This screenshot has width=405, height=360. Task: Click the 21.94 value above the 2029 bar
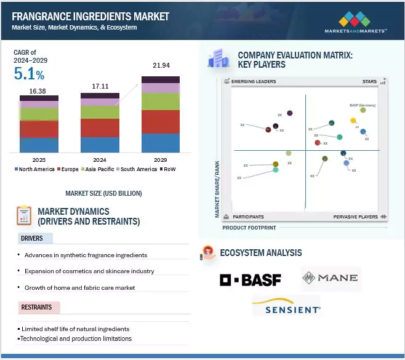[160, 65]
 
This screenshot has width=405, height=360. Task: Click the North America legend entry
[34, 169]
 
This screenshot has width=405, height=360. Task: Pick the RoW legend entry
[168, 169]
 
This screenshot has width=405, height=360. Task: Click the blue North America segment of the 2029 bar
[160, 143]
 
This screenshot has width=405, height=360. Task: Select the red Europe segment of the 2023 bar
[39, 129]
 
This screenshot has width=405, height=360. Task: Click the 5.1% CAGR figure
[29, 75]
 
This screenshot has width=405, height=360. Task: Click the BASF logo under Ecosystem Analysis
[251, 280]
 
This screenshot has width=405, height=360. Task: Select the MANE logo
[330, 278]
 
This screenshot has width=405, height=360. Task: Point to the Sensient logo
[286, 306]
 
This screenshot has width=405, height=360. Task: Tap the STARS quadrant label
[369, 82]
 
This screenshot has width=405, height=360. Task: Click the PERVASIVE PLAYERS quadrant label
[356, 217]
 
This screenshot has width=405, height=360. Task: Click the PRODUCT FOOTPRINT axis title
[249, 228]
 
